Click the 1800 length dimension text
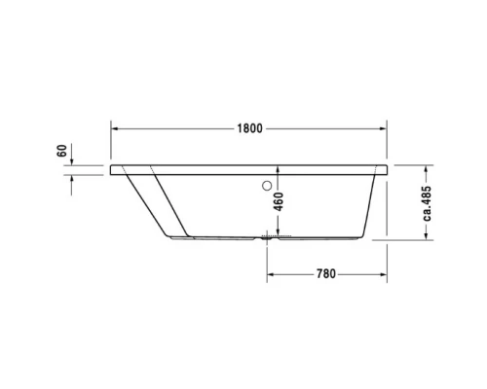pyautogui.click(x=251, y=128)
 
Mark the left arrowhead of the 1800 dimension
pyautogui.click(x=115, y=128)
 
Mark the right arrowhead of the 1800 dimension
pyautogui.click(x=387, y=128)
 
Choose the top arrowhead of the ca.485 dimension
pyautogui.click(x=415, y=167)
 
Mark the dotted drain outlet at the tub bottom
pyautogui.click(x=276, y=236)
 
